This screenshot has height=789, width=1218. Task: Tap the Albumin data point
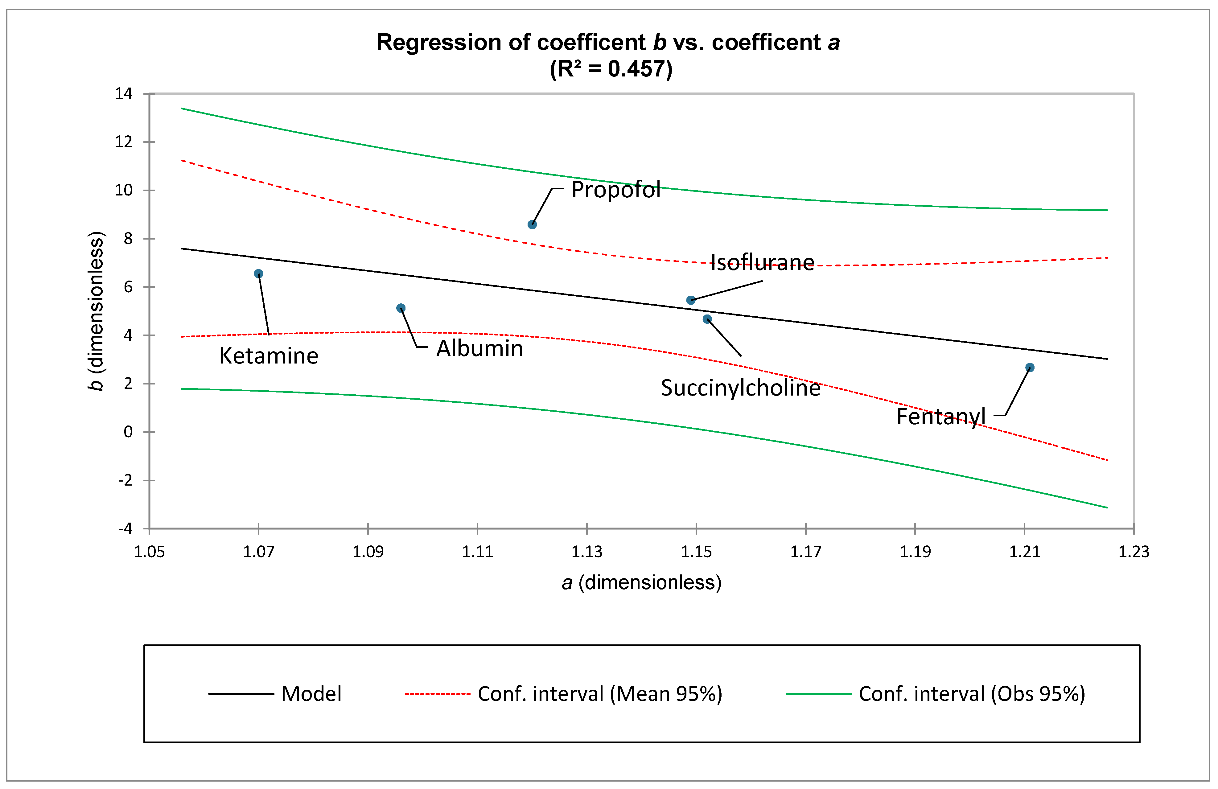tap(401, 308)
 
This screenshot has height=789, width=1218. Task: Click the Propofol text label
tap(616, 190)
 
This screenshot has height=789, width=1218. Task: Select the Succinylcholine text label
tap(741, 388)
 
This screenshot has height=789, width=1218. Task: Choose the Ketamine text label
tap(269, 355)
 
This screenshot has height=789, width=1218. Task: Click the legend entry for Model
tap(275, 694)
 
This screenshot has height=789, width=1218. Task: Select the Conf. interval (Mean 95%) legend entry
tap(563, 694)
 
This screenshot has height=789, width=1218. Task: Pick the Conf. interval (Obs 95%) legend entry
tap(936, 694)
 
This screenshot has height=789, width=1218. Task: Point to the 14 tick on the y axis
tap(123, 94)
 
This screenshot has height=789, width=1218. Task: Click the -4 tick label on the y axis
tap(126, 528)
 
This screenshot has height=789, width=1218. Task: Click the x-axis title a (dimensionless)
tap(641, 583)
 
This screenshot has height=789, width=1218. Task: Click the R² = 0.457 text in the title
tap(611, 68)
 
